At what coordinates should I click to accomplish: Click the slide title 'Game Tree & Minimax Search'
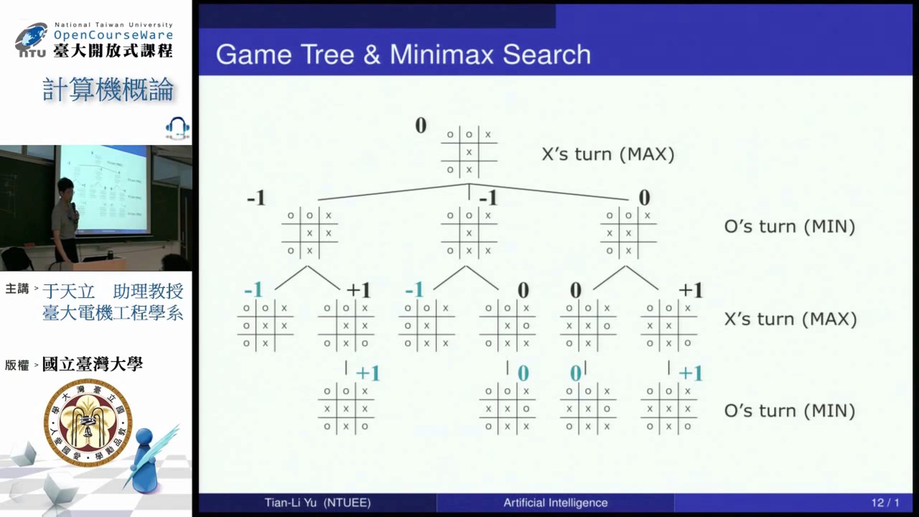pos(403,54)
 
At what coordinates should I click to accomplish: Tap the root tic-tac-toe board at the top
pos(469,152)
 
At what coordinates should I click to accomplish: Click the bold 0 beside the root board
pos(421,126)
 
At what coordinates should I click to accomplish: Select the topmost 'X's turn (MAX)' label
pos(608,154)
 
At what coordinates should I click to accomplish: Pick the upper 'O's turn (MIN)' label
pos(789,226)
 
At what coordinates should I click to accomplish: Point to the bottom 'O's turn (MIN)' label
pos(789,411)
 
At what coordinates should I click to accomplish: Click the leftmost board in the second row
pos(309,233)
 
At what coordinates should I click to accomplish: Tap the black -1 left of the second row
pos(256,198)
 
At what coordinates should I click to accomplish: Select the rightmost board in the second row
pos(628,233)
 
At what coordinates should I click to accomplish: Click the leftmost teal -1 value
pos(254,290)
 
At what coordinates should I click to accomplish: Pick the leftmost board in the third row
pos(265,326)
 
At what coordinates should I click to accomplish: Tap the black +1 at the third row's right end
pos(690,290)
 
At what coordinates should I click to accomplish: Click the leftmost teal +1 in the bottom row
pos(368,373)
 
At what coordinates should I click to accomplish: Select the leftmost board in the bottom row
pos(346,409)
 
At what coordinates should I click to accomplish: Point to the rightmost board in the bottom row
pos(668,409)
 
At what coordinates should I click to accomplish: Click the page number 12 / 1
pos(885,503)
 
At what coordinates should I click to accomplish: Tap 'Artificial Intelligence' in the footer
pos(555,503)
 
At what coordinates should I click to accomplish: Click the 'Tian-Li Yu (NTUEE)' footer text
pos(317,503)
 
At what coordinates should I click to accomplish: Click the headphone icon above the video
pos(177,128)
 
